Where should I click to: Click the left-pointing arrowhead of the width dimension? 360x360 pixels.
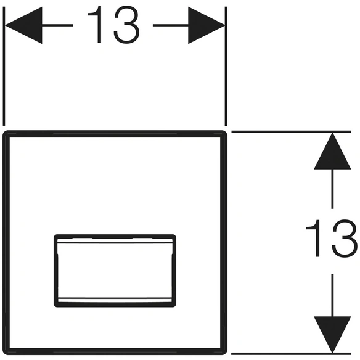(x=23, y=25)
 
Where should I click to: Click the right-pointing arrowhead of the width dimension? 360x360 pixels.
(x=207, y=25)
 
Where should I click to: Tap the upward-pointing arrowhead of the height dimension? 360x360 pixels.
(x=332, y=151)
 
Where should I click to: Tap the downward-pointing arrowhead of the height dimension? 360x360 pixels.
(x=332, y=335)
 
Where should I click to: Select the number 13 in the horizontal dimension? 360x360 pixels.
(x=113, y=25)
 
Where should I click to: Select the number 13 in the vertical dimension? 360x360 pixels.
(x=332, y=238)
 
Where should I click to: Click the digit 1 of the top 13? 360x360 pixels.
(x=95, y=25)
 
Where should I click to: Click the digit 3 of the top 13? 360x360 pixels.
(x=127, y=25)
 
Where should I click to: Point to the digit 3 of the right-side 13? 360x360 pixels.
(x=345, y=238)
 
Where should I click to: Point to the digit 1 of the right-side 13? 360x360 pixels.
(x=313, y=238)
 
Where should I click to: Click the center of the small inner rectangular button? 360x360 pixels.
(x=115, y=271)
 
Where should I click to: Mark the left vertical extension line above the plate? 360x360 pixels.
(x=4, y=66)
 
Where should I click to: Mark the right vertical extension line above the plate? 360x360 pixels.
(x=226, y=66)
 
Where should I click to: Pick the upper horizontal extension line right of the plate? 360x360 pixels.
(x=291, y=131)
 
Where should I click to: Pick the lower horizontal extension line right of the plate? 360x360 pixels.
(x=291, y=354)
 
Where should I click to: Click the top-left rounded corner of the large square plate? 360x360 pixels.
(x=5, y=133)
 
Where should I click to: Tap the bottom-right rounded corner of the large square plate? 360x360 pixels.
(x=225, y=353)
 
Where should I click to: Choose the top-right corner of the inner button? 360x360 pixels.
(x=174, y=237)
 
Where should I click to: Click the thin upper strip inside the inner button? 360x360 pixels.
(x=115, y=240)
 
